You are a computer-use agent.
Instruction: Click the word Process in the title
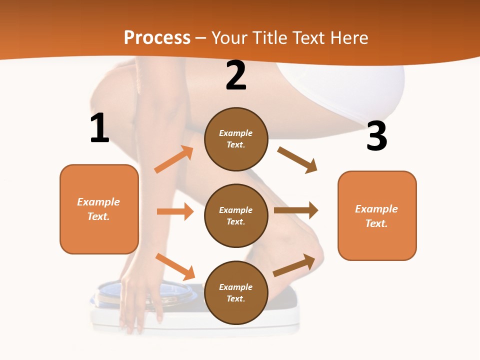point(157,37)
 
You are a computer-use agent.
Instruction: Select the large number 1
point(99,128)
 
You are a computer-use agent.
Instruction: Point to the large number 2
point(236,75)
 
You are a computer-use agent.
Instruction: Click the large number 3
point(376,136)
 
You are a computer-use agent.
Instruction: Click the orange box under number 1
point(99,209)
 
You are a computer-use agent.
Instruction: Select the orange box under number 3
point(377,215)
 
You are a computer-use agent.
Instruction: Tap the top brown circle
point(236,139)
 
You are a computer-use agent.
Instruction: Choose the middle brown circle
point(236,215)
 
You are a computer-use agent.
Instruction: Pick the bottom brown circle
point(236,292)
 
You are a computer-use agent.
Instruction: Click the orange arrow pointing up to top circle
point(174,159)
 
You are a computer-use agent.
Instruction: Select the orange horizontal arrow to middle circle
point(175,211)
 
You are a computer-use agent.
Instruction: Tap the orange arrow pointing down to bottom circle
point(175,266)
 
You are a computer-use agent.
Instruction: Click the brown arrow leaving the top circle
point(297,160)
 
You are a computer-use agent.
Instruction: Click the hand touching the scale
point(140,300)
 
